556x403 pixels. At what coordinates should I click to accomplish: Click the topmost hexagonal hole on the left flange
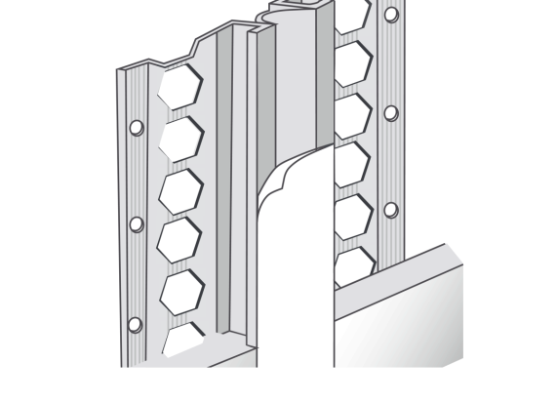(x=180, y=89)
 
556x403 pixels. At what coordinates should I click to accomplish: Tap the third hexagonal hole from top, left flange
(x=180, y=190)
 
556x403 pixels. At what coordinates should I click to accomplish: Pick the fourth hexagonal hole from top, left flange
(x=180, y=240)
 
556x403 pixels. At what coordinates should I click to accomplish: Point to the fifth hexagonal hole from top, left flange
(x=182, y=291)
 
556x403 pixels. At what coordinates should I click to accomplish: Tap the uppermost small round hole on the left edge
(x=137, y=127)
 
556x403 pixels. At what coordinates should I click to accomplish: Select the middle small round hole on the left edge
(x=137, y=224)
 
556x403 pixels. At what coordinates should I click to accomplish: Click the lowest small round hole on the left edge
(x=136, y=324)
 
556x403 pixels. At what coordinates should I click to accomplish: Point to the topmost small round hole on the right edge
(x=391, y=16)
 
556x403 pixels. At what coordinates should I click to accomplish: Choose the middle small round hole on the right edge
(x=391, y=112)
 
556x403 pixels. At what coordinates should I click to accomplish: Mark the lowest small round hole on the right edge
(x=391, y=210)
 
